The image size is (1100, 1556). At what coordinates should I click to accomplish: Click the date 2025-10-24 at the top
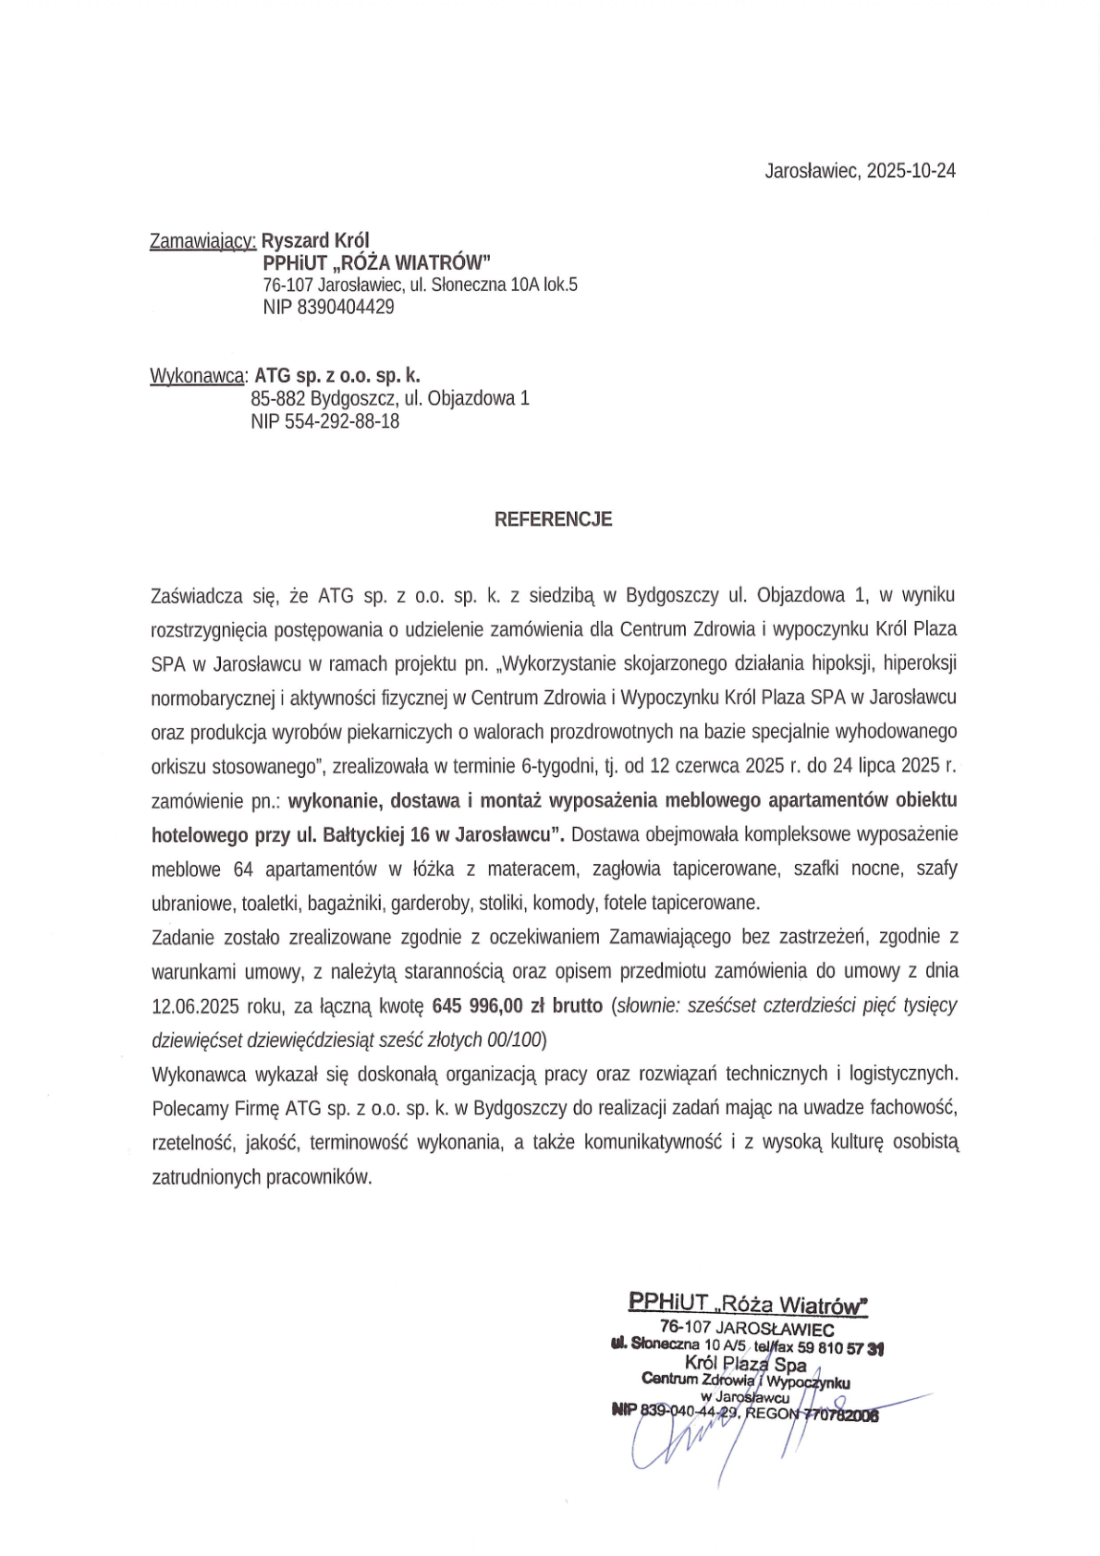[x=911, y=171]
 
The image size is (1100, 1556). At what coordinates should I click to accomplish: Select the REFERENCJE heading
[x=553, y=519]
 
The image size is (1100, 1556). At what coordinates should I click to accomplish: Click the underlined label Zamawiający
[x=202, y=241]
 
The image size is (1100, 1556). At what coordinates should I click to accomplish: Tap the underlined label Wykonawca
[x=198, y=376]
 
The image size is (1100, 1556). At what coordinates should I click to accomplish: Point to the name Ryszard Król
[x=315, y=241]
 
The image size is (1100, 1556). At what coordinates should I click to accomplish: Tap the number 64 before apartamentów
[x=243, y=869]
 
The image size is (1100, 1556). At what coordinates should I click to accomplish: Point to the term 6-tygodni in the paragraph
[x=558, y=766]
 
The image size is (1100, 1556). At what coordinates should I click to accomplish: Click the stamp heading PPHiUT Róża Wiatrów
[x=748, y=1303]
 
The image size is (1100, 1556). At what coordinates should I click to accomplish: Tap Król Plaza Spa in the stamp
[x=745, y=1364]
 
